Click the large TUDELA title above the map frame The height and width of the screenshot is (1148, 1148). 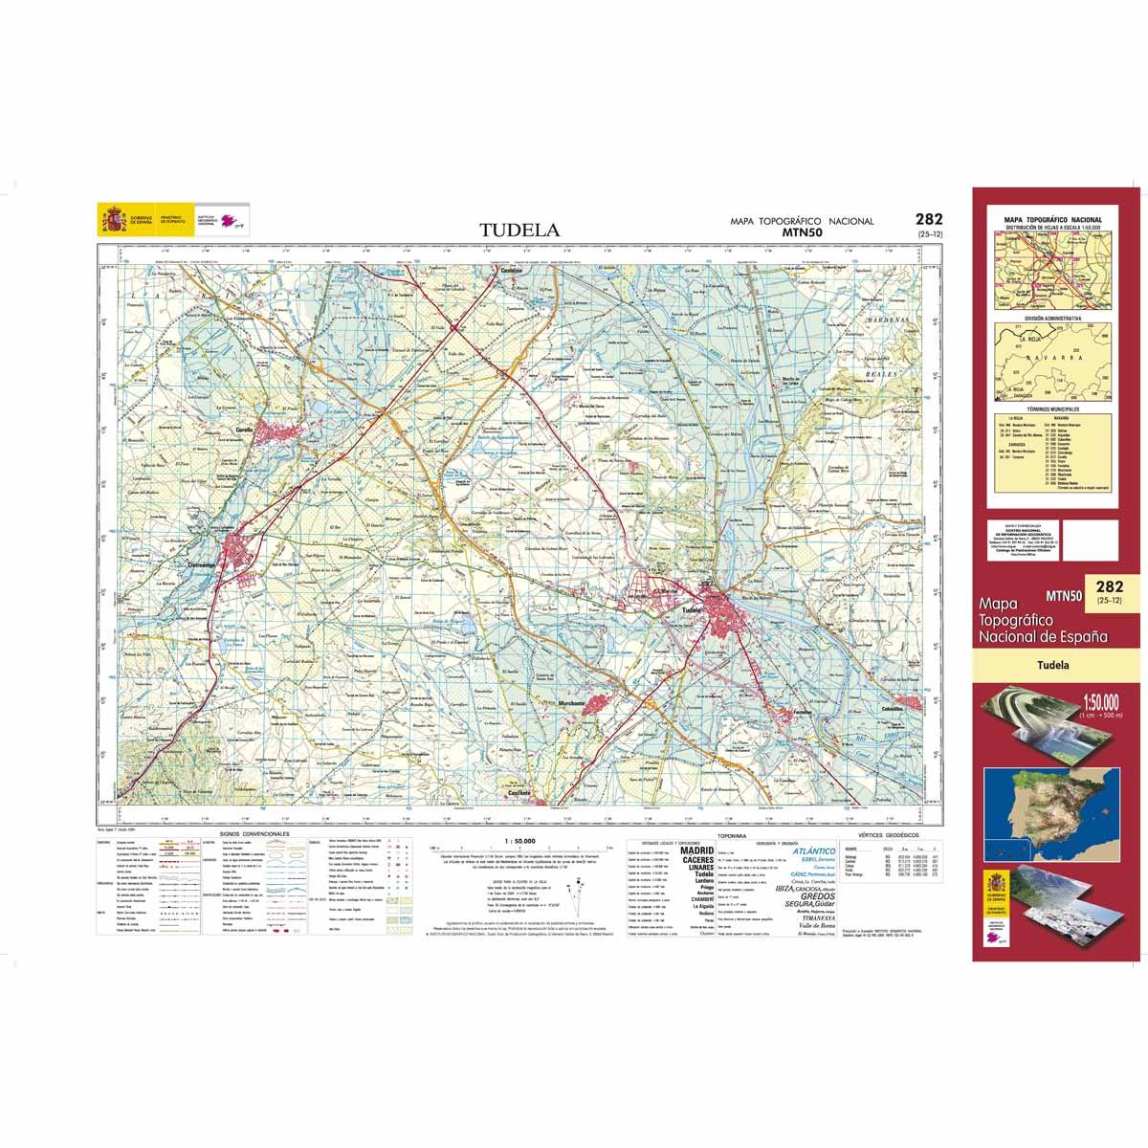pos(519,231)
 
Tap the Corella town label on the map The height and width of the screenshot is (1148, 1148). pos(243,431)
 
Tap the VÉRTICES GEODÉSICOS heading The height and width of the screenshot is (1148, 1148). pos(889,835)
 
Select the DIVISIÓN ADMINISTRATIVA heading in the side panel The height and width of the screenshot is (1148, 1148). pos(1052,317)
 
